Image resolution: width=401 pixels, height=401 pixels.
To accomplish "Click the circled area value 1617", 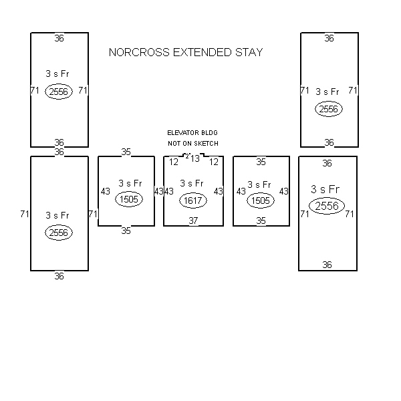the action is tap(193, 200).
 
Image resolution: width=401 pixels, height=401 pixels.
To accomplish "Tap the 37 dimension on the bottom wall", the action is tap(193, 221).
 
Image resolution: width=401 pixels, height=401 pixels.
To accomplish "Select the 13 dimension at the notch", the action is tap(195, 158).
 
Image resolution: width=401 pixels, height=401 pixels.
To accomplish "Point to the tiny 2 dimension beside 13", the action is tap(187, 156).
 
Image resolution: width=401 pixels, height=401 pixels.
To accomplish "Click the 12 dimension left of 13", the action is tap(174, 162).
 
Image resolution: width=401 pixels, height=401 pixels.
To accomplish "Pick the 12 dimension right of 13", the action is tap(214, 162).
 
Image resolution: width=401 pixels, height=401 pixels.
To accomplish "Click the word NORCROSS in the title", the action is tap(139, 52).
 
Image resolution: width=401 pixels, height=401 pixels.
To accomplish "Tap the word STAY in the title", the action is tap(249, 52).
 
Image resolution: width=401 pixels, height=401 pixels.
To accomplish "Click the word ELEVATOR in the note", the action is tap(183, 133).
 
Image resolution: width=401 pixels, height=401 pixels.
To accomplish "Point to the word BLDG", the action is tap(209, 133).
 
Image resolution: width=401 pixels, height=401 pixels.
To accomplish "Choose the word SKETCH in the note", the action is tap(206, 144).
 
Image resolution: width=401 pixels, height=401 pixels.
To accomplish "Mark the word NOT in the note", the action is tap(174, 144).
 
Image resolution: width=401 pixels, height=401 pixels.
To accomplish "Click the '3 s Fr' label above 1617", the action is tap(192, 183).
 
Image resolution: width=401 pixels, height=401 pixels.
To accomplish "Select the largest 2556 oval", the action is tap(327, 206).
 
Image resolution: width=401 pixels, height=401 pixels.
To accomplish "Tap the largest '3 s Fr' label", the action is tap(325, 189).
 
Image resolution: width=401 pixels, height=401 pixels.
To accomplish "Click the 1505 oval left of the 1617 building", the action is tap(129, 199).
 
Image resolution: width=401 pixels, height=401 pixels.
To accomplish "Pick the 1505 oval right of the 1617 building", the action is tap(261, 200).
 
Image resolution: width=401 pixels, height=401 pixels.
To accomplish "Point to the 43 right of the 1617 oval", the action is tap(219, 191).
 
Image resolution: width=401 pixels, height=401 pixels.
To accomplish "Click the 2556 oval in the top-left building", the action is tap(59, 92).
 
